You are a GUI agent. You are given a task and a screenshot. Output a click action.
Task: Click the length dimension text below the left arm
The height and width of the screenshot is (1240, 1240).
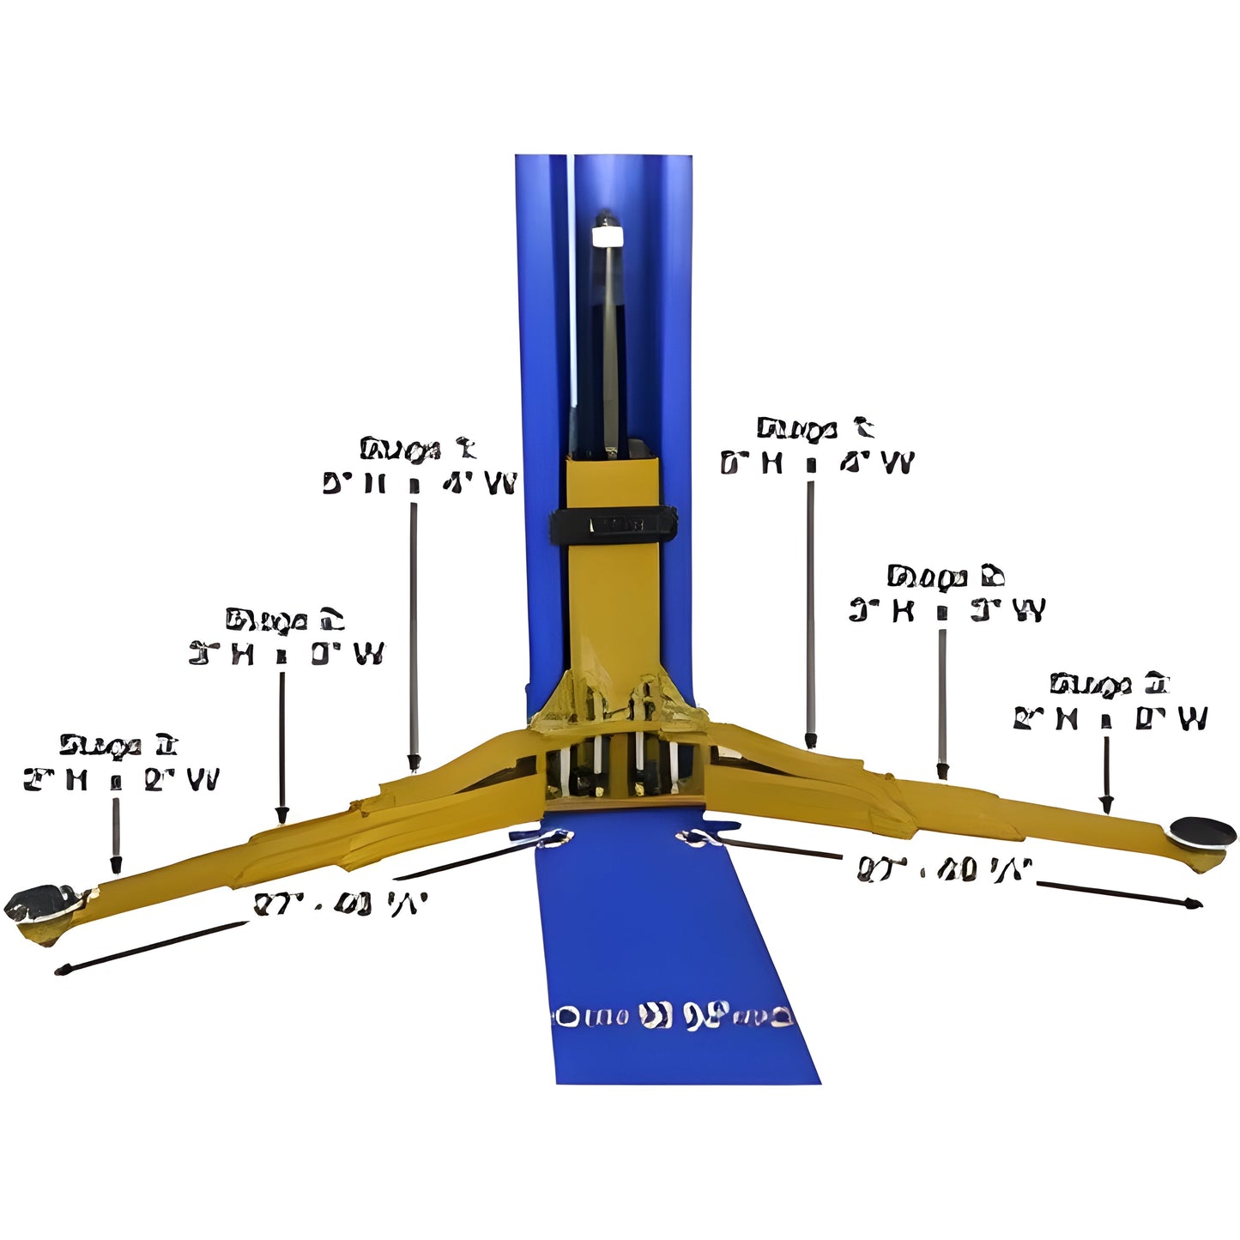click(340, 904)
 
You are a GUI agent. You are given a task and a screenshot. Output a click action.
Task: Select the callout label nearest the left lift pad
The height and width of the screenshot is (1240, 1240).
click(120, 763)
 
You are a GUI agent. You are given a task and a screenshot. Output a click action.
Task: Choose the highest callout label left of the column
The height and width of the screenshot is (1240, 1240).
click(419, 467)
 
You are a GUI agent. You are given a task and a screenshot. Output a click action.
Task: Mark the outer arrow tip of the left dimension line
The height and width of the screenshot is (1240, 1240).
click(60, 971)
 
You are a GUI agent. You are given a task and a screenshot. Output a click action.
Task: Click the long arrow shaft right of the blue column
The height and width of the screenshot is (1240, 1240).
click(809, 609)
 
